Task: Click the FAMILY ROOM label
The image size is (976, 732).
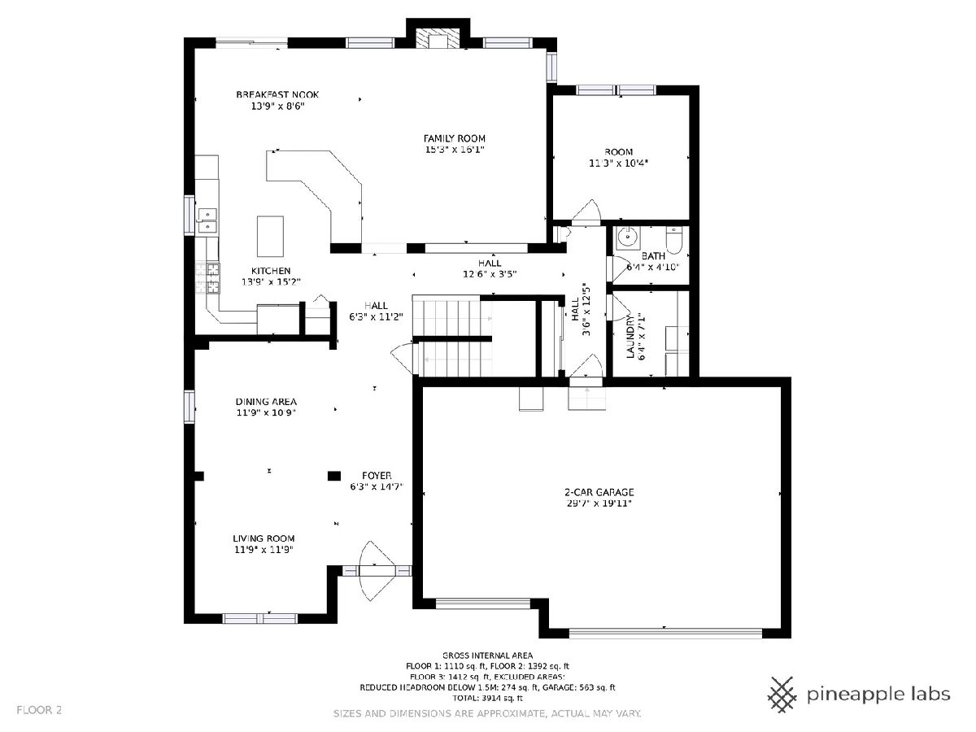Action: click(x=454, y=138)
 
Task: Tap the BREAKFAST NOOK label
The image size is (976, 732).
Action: click(x=277, y=94)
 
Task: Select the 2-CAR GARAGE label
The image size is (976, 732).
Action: click(x=599, y=492)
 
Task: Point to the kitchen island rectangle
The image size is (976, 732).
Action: click(x=270, y=236)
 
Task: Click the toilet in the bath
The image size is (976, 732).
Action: click(x=674, y=240)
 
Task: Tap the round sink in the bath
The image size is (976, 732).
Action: click(x=628, y=237)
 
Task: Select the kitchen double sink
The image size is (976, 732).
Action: click(x=207, y=221)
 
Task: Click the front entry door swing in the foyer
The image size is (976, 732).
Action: click(x=377, y=571)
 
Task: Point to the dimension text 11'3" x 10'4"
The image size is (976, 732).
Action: click(x=618, y=163)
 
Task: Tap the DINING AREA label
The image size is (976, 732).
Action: click(x=266, y=401)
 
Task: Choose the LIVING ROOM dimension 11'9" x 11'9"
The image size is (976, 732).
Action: click(x=264, y=549)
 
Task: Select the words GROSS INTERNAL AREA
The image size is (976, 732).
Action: click(x=487, y=655)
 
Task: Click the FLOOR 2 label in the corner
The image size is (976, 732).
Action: click(x=39, y=710)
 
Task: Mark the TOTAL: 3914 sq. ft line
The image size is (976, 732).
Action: click(x=487, y=698)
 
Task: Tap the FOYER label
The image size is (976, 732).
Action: click(x=377, y=475)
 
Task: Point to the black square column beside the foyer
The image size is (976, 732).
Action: click(x=334, y=476)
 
